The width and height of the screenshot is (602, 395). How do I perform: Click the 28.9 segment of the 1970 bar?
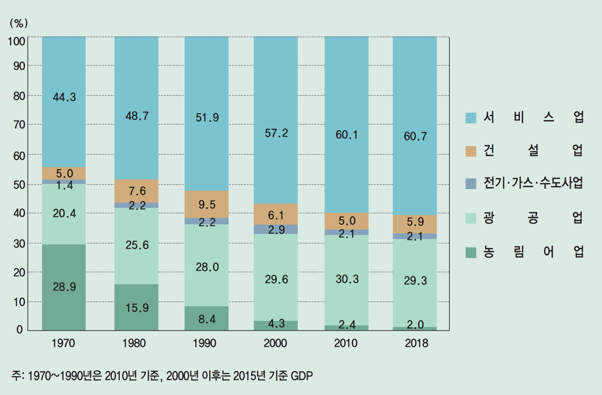64,287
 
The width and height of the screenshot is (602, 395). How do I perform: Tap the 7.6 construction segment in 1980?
136,191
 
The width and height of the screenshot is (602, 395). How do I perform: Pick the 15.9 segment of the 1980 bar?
136,307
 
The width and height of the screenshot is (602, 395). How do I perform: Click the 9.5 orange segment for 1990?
207,204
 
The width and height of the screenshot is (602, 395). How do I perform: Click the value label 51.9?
207,118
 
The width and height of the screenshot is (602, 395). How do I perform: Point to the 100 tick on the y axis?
16,41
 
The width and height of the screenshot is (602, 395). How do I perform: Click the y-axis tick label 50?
19,185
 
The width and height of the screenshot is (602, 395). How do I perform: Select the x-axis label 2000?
275,343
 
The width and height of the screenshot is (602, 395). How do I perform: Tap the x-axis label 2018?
416,343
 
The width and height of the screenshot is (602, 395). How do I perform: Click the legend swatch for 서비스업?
471,118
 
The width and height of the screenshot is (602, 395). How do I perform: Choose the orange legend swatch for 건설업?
471,151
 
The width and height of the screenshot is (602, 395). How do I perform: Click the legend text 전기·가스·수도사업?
533,183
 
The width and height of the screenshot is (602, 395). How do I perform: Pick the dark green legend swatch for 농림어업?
471,253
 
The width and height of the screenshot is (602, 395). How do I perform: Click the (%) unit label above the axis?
19,23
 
